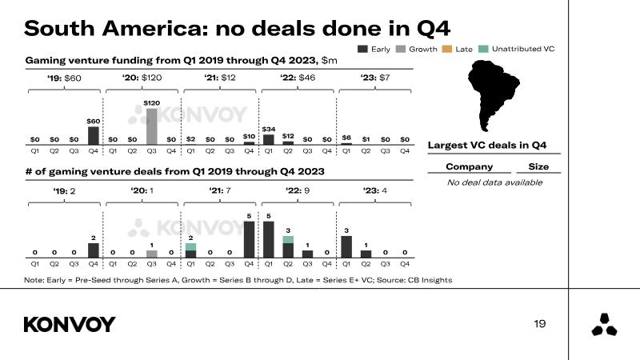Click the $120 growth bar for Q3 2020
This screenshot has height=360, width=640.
pyautogui.click(x=151, y=126)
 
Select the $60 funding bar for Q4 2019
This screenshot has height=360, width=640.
pyautogui.click(x=94, y=135)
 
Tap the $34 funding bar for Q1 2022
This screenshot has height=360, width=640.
pyautogui.click(x=269, y=139)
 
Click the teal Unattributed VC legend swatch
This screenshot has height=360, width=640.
pyautogui.click(x=483, y=49)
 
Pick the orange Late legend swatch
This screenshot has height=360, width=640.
pyautogui.click(x=447, y=49)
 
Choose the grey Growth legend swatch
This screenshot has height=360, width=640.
pyautogui.click(x=401, y=49)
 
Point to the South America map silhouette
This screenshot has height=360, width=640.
pyautogui.click(x=493, y=94)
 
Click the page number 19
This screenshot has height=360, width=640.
pyautogui.click(x=539, y=324)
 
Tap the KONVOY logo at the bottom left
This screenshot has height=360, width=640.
pyautogui.click(x=70, y=325)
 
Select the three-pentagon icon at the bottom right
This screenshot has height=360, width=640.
pyautogui.click(x=604, y=325)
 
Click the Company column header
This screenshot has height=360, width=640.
pyautogui.click(x=470, y=166)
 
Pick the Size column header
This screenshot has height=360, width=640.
pyautogui.click(x=538, y=166)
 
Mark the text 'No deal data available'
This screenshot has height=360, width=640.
pyautogui.click(x=494, y=182)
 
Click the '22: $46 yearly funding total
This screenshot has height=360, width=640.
pyautogui.click(x=298, y=78)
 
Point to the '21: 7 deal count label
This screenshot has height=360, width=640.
pyautogui.click(x=219, y=190)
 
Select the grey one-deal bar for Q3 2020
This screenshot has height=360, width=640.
pyautogui.click(x=151, y=254)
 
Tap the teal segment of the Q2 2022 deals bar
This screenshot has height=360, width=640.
pyautogui.click(x=288, y=239)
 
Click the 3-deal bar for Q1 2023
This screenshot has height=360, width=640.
pyautogui.click(x=346, y=247)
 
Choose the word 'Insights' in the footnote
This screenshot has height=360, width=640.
pyautogui.click(x=437, y=280)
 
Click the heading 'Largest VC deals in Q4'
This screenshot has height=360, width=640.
pyautogui.click(x=487, y=146)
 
